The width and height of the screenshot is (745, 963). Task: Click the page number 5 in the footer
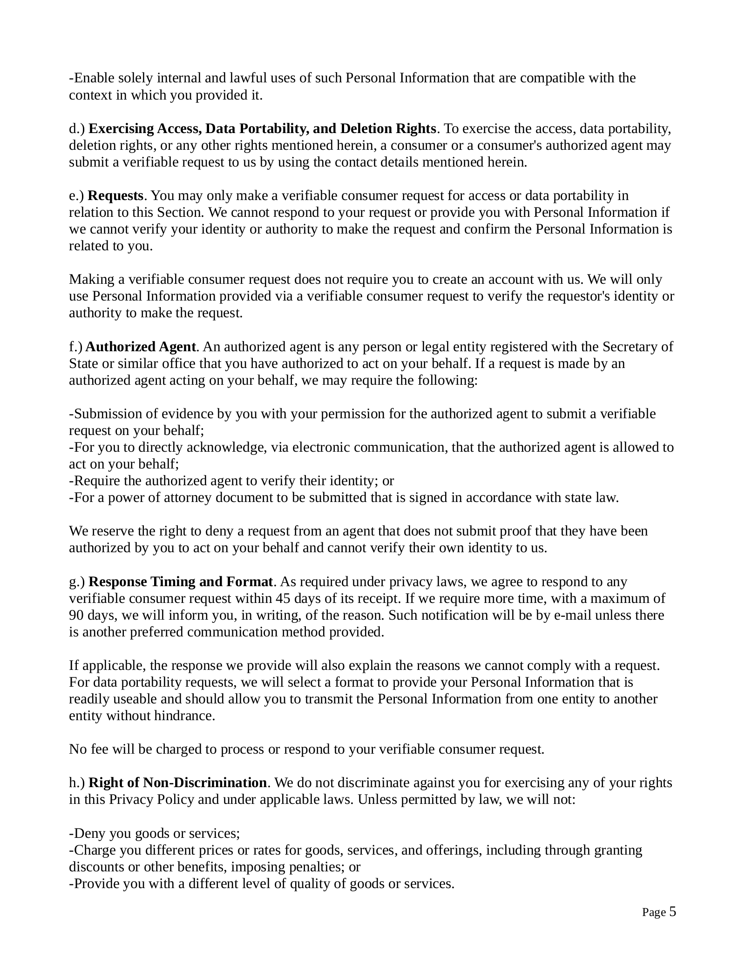click(x=672, y=911)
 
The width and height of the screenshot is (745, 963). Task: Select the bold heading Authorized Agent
click(x=141, y=347)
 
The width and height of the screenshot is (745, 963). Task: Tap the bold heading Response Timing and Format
click(x=181, y=582)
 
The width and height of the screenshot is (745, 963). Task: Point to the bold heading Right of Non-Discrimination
click(x=177, y=782)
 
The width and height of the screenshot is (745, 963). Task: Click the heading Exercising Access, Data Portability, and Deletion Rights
click(x=262, y=128)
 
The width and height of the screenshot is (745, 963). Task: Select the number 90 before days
click(x=76, y=615)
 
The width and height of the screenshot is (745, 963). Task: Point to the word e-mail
click(x=572, y=615)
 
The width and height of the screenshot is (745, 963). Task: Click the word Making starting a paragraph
click(x=90, y=279)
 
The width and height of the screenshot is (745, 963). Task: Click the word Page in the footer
click(x=654, y=912)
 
